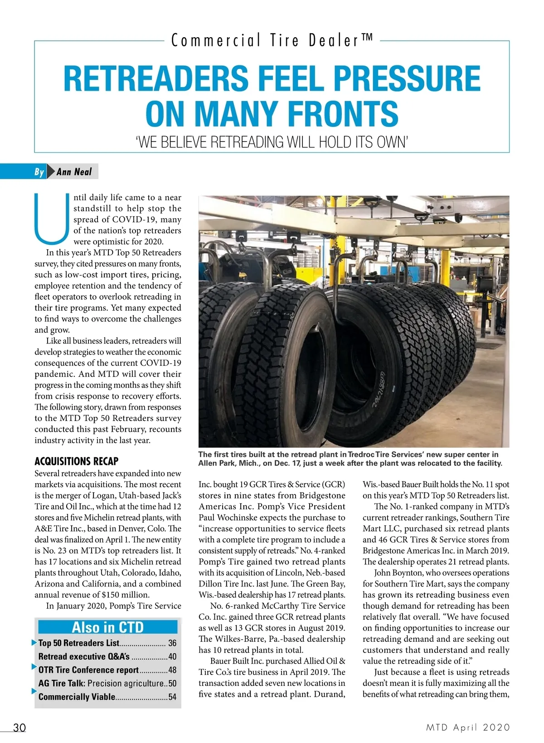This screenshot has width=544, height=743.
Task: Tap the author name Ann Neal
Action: [74, 172]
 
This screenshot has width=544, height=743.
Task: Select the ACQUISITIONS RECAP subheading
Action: [76, 461]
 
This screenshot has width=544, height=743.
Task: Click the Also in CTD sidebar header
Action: [108, 627]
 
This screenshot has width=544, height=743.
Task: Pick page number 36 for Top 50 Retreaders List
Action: [172, 643]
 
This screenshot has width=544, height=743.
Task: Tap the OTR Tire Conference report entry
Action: [88, 670]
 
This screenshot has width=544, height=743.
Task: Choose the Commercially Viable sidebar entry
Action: [77, 697]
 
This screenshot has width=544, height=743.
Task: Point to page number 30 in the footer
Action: [19, 728]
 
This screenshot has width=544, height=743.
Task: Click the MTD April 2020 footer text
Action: [468, 728]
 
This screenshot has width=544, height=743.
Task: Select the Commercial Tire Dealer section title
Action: [272, 41]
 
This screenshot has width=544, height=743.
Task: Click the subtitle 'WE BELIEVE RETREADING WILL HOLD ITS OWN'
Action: [272, 142]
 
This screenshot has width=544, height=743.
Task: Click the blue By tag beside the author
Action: [39, 172]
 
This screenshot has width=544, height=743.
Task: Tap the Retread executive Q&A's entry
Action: [84, 656]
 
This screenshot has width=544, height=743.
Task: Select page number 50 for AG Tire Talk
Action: [172, 684]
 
